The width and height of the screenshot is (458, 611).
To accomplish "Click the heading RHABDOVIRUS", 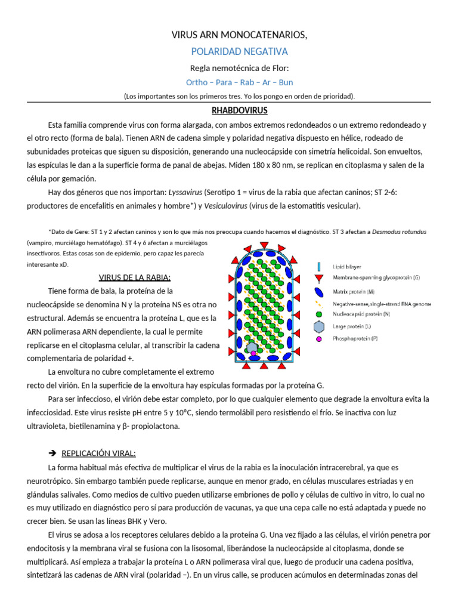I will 239,111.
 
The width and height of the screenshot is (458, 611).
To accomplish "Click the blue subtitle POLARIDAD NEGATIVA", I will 239,52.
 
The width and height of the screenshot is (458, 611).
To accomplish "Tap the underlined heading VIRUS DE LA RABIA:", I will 134,277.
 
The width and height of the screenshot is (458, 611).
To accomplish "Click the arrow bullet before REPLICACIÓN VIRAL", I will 52,453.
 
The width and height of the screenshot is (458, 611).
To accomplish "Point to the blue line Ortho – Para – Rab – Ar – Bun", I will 239,82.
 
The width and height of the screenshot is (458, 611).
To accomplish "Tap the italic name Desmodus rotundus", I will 399,231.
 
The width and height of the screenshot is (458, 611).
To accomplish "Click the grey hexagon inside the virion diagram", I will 252,347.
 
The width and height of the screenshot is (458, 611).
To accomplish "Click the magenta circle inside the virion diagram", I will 254,354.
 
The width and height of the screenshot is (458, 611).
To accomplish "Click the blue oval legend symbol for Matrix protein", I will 320,292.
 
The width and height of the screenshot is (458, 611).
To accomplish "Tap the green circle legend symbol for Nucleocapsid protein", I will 319,314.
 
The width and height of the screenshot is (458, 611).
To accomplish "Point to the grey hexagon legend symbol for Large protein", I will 319,326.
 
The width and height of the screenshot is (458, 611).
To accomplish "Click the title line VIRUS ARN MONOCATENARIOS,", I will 239,36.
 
